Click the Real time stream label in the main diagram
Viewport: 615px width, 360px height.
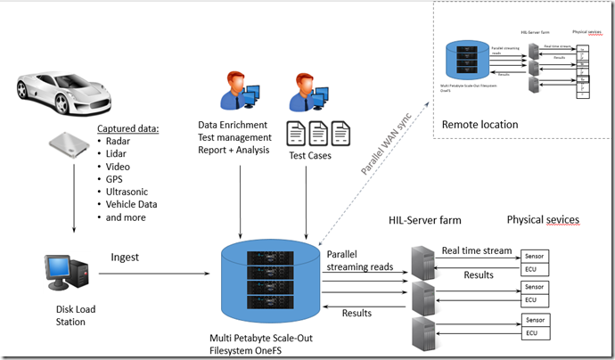478,250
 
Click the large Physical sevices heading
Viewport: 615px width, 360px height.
543,219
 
